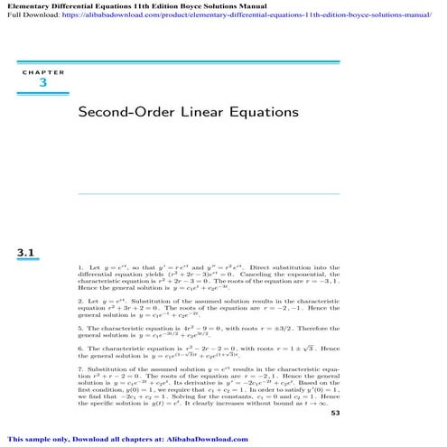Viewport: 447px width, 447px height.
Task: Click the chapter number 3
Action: (42, 83)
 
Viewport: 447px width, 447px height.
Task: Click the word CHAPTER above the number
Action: (42, 70)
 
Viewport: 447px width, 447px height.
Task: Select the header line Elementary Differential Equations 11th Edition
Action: (126, 5)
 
